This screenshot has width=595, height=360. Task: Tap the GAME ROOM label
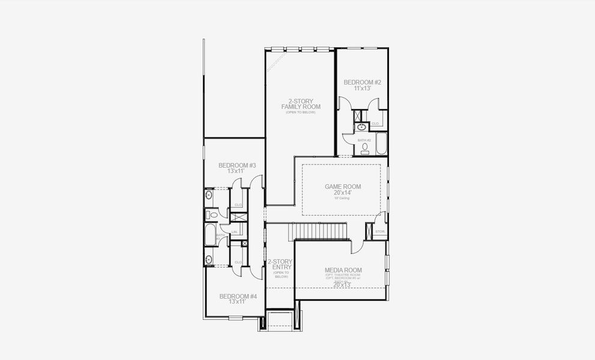tap(343, 187)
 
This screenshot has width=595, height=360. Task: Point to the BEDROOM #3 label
tap(237, 165)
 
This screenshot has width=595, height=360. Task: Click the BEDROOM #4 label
tap(238, 296)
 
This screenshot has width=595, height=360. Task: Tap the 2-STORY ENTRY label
tap(280, 265)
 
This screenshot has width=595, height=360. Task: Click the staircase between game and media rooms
tap(319, 230)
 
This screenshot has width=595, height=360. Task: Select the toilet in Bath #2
tap(365, 147)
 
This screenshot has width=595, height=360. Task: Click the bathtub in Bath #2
tap(381, 145)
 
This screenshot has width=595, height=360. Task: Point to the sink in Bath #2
tap(362, 127)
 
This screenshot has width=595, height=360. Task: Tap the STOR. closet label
tap(380, 231)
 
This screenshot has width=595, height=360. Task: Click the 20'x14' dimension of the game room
tap(343, 193)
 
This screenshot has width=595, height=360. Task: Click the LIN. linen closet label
tap(235, 232)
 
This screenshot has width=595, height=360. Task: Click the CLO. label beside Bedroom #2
tap(375, 124)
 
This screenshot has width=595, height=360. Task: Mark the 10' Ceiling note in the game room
tap(343, 199)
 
